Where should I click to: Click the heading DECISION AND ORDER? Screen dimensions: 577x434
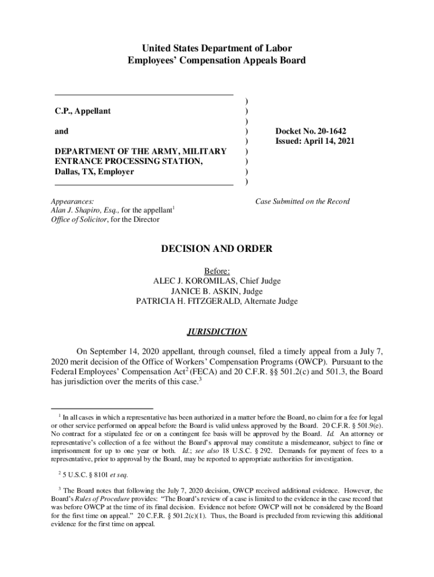point(217,248)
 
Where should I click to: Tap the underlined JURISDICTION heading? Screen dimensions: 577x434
point(217,332)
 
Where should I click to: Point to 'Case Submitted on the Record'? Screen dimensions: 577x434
point(303,201)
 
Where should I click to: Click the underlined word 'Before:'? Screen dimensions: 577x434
point(217,270)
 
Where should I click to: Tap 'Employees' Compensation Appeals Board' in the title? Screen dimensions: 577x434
point(217,60)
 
